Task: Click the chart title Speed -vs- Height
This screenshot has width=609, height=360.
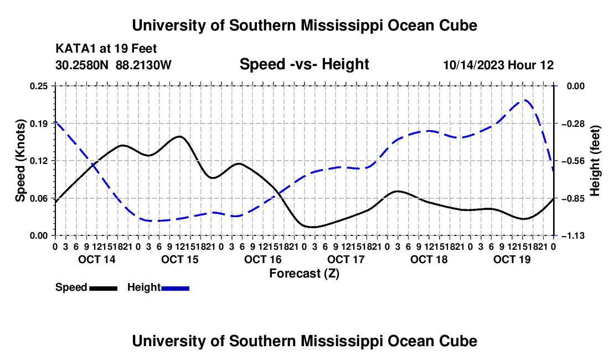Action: (x=304, y=64)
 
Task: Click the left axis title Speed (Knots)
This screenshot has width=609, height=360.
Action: (x=20, y=161)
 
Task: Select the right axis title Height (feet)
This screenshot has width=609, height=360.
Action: (x=595, y=161)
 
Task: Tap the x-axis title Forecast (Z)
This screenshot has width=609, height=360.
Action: (x=304, y=274)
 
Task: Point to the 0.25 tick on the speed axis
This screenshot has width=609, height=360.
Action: (x=39, y=86)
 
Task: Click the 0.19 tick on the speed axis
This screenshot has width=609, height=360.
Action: (x=39, y=124)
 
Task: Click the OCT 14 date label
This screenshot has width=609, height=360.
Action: (x=97, y=259)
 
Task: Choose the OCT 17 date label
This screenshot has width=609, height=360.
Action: (x=346, y=259)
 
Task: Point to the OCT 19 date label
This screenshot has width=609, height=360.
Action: (x=512, y=259)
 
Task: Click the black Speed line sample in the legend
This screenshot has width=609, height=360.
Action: (x=104, y=288)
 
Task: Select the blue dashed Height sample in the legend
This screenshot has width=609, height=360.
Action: (x=175, y=288)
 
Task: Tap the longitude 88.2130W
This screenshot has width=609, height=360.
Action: (x=143, y=65)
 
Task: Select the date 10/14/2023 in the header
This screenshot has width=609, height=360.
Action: (x=473, y=65)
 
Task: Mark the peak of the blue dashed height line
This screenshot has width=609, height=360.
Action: (x=525, y=100)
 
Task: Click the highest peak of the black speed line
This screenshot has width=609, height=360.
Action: (x=180, y=136)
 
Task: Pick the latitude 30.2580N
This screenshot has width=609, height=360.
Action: (x=82, y=65)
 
